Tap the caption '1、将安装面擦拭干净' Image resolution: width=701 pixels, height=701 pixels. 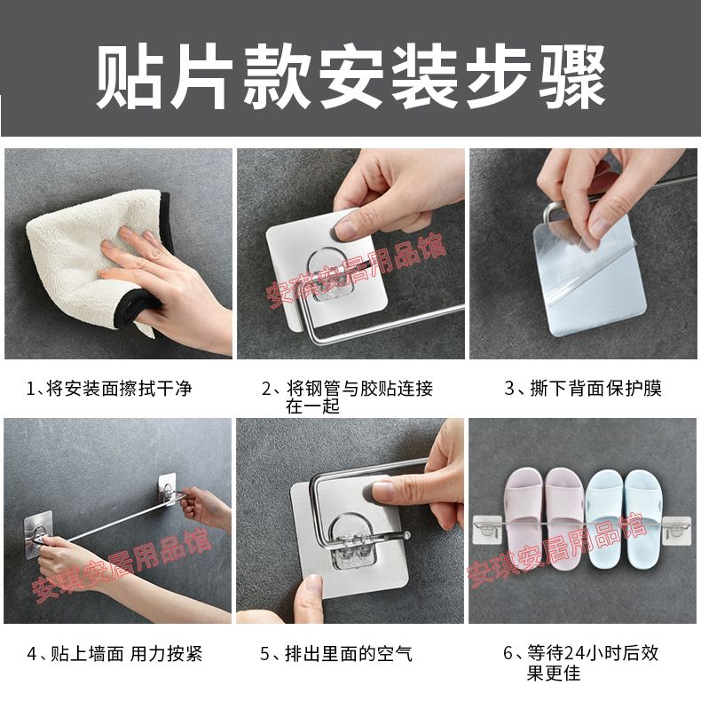109,388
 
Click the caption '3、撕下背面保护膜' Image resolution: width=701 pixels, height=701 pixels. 583,388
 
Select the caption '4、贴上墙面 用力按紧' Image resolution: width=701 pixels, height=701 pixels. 114,654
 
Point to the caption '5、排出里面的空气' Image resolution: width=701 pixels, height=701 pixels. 336,654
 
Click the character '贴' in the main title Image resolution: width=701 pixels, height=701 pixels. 129,77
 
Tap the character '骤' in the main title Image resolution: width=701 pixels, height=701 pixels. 571,77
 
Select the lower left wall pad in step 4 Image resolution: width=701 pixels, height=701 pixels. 38,534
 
